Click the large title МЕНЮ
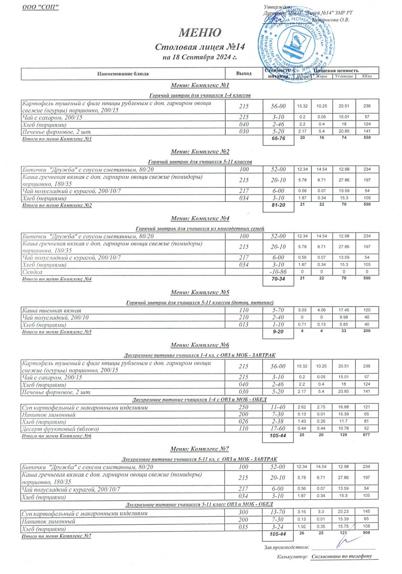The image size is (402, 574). click(200, 33)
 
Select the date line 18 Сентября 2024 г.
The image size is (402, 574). click(200, 58)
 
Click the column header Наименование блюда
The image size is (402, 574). click(123, 74)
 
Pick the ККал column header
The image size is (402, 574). click(367, 77)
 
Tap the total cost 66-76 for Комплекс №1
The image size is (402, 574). click(278, 139)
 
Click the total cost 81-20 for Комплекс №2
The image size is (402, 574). click(278, 206)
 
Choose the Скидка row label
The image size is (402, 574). click(32, 271)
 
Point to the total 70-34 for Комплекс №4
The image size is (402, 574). click(278, 279)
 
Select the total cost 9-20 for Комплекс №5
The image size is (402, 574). click(278, 331)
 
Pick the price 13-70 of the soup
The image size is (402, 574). click(278, 513)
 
